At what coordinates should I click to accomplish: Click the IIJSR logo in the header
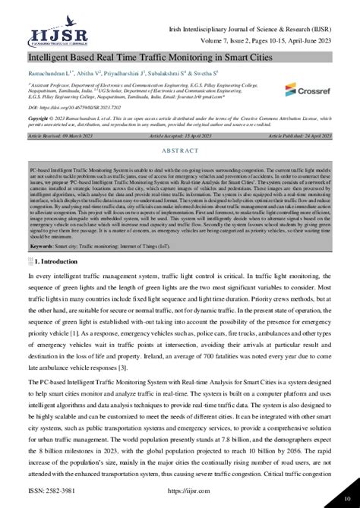coord(48,35)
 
